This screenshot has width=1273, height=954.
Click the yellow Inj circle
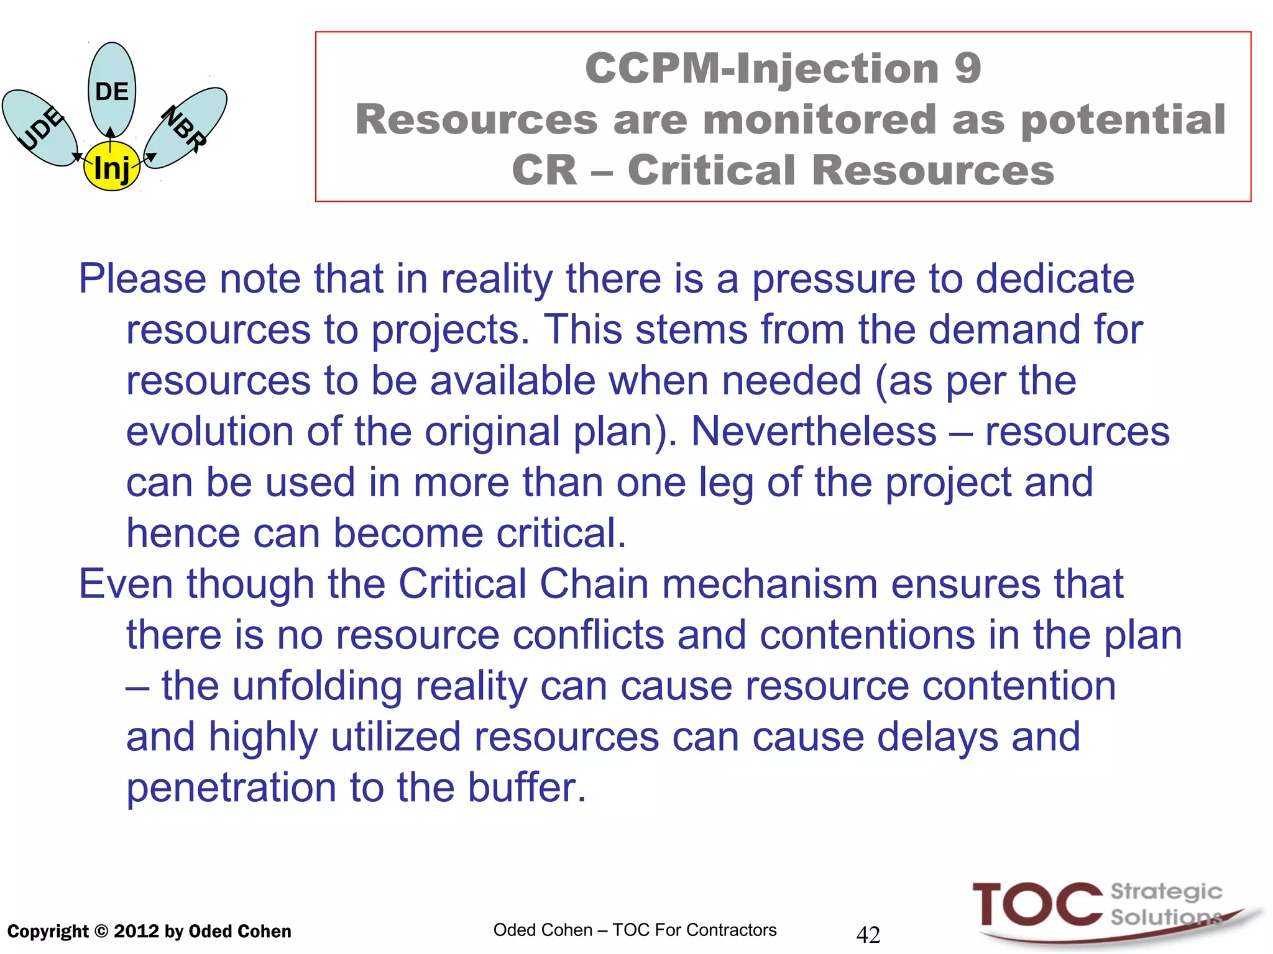pos(112,166)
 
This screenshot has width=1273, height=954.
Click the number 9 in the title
pos(967,68)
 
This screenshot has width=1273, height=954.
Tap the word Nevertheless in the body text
pos(813,431)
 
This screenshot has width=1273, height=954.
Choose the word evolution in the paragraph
pos(209,431)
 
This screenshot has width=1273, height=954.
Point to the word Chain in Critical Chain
pos(594,584)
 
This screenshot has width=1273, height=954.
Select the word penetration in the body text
pos(231,788)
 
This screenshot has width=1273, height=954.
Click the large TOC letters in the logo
pos(1037,904)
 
